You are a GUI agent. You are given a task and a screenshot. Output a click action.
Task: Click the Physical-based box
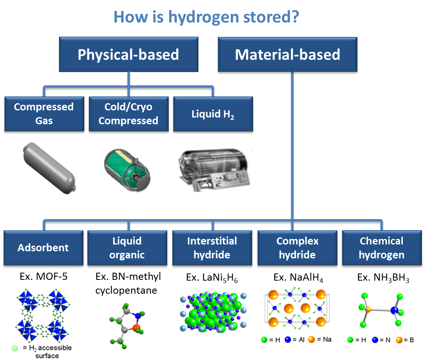click(128, 55)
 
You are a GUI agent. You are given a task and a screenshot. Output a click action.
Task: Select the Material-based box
click(287, 55)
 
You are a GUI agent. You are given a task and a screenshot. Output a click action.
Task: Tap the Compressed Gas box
click(44, 114)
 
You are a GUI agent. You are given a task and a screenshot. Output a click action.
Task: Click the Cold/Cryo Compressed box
click(128, 114)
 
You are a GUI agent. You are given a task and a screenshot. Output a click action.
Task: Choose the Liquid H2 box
click(213, 114)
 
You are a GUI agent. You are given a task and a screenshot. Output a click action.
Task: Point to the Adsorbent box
click(43, 248)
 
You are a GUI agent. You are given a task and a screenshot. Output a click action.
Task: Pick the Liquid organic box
click(127, 248)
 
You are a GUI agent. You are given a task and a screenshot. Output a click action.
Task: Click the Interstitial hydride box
click(212, 248)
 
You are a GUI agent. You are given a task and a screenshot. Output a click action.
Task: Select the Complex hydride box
click(297, 248)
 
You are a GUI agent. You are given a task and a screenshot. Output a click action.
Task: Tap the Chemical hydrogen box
click(381, 248)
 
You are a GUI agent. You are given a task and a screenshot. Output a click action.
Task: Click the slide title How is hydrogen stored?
click(206, 17)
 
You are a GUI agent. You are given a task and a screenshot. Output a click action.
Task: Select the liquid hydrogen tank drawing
click(214, 169)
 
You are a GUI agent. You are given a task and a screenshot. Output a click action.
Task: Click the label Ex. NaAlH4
click(298, 278)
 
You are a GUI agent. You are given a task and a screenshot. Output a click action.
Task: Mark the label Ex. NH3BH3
click(383, 278)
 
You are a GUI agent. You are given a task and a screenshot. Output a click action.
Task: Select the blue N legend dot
click(375, 340)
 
